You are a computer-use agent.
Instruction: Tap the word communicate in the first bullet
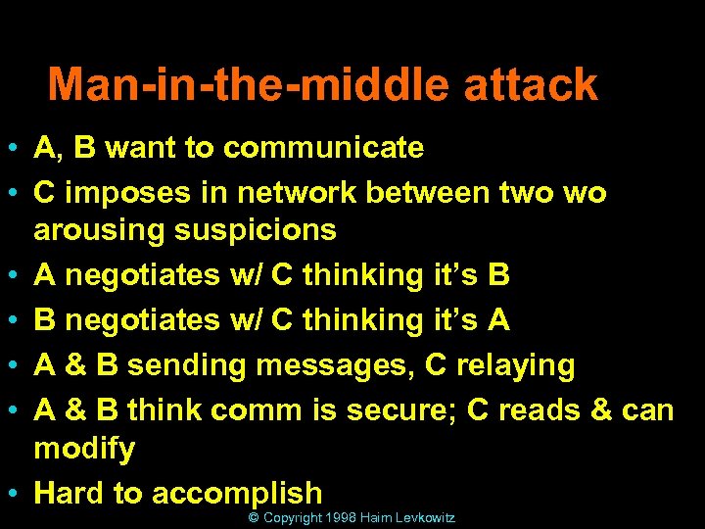pyautogui.click(x=323, y=148)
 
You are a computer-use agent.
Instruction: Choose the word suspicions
pyautogui.click(x=252, y=231)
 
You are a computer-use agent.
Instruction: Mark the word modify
pyautogui.click(x=84, y=450)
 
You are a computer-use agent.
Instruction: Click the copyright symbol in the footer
pyautogui.click(x=254, y=517)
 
